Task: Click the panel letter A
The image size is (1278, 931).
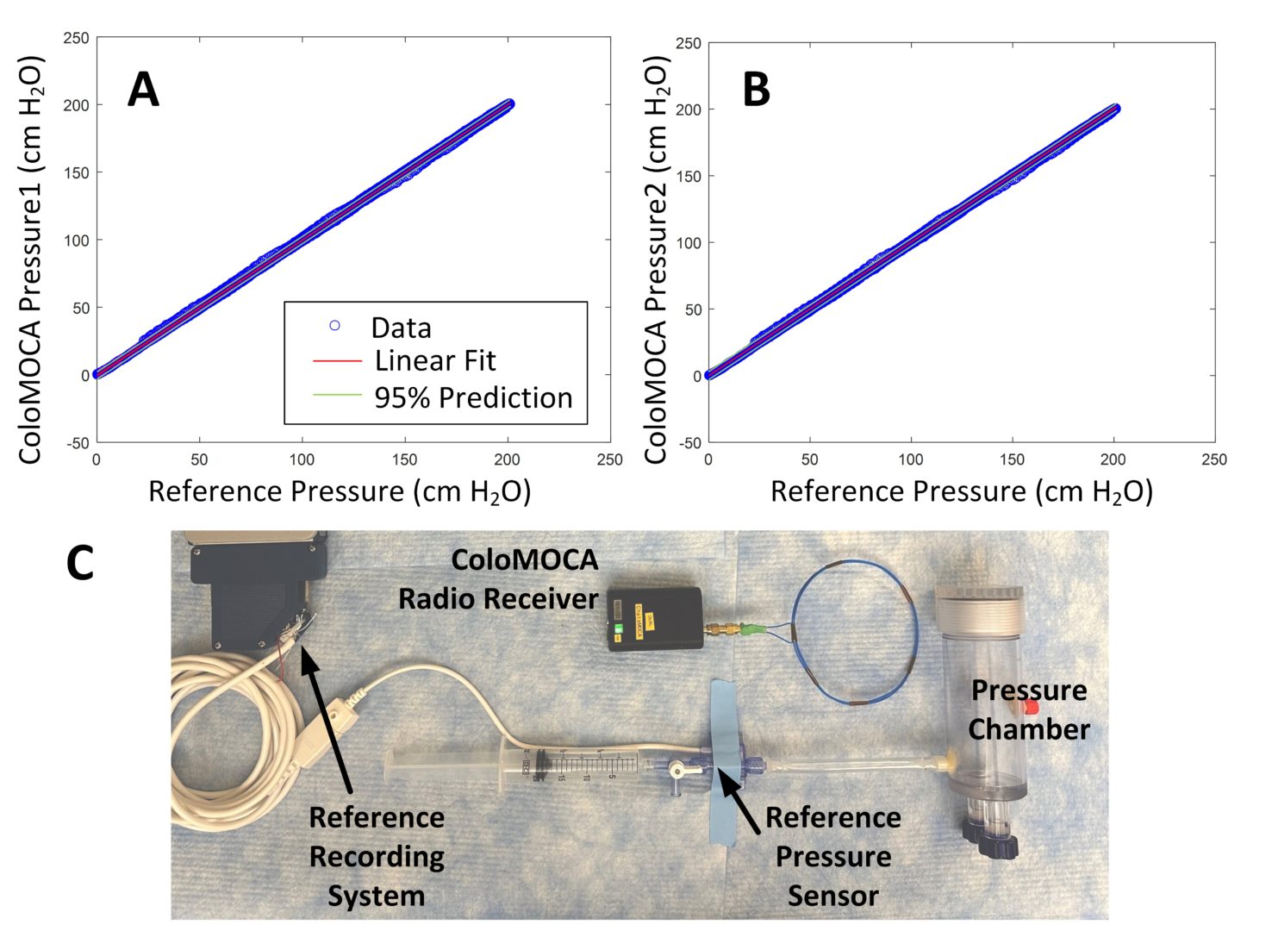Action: tap(143, 89)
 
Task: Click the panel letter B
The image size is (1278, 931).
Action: tap(756, 89)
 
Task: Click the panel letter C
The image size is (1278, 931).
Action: tap(80, 564)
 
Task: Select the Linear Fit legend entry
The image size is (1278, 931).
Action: tap(435, 360)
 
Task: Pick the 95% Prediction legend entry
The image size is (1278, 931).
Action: tap(473, 397)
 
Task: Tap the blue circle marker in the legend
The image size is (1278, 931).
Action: tap(334, 325)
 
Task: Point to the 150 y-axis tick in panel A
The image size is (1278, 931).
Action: tap(77, 172)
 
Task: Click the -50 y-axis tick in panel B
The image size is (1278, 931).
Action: tap(689, 443)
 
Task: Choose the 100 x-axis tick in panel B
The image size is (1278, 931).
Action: tap(910, 460)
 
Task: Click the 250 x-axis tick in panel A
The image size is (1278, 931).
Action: tap(609, 460)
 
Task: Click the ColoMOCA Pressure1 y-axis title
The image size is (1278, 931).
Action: tap(31, 259)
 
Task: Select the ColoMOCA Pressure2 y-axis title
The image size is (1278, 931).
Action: tap(657, 259)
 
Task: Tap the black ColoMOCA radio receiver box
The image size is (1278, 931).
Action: tap(654, 619)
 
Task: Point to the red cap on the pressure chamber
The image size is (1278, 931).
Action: tap(1031, 708)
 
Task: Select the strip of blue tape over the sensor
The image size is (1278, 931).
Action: tap(725, 759)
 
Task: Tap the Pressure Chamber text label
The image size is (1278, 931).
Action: tap(1028, 709)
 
